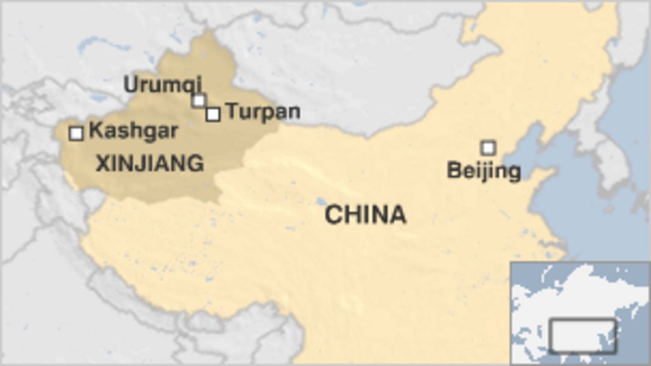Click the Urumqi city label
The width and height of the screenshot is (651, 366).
point(162,84)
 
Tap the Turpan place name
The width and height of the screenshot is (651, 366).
point(263,112)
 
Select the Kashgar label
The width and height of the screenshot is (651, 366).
point(133,131)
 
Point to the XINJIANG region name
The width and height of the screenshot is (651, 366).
point(149,163)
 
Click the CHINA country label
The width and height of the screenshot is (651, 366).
point(365,215)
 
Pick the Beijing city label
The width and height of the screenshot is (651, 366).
point(484,171)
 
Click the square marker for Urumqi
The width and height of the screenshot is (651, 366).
point(199,100)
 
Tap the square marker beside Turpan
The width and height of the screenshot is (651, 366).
point(213,114)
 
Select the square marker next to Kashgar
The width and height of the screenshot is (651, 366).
point(76,133)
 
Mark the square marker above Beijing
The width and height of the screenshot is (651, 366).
point(488,148)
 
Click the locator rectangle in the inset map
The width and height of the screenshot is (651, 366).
point(582,335)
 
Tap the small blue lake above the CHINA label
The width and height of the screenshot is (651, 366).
point(321,201)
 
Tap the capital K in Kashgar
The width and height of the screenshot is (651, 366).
point(95,131)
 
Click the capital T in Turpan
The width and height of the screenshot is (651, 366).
point(232,112)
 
